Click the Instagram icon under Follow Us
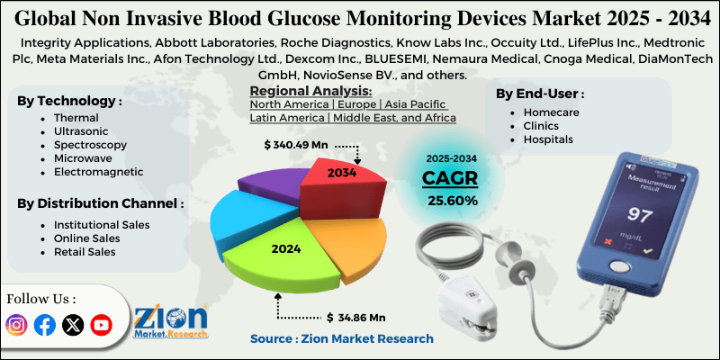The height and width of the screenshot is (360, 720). pos(17,325)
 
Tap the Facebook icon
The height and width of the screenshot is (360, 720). pos(44,325)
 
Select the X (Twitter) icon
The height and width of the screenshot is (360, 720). pos(72,325)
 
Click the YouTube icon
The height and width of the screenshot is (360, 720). pos(101,325)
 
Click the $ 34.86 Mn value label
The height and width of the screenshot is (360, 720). pos(356,317)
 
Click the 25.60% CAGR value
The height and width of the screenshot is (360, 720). pos(453,200)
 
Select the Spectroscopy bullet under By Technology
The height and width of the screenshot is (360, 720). pos(90,144)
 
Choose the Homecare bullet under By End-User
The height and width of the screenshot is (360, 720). pos(551,112)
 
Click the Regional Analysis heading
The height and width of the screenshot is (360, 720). pos(310,91)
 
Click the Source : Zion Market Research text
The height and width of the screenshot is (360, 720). pos(341,338)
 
